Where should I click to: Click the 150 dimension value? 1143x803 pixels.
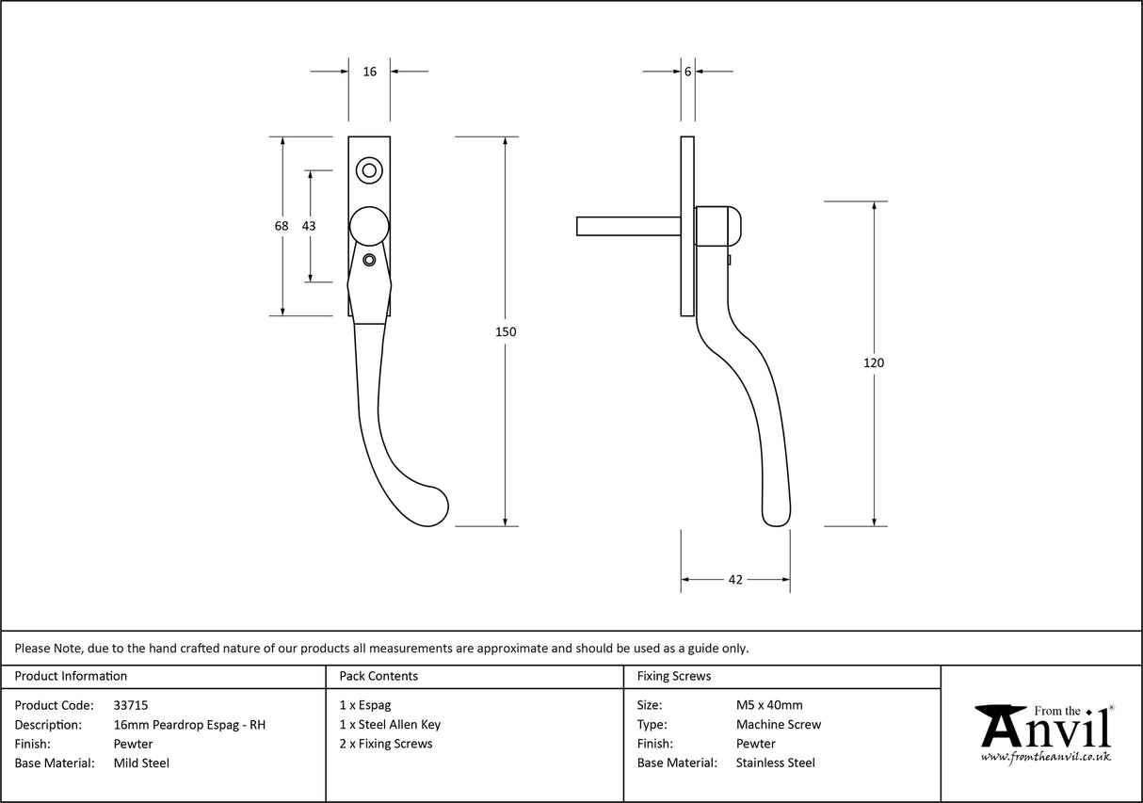click(507, 331)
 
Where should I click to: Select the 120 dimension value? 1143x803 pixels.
click(874, 362)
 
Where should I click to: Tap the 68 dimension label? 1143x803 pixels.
click(282, 226)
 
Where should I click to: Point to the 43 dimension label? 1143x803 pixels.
click(309, 226)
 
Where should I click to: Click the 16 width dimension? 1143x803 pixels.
click(369, 72)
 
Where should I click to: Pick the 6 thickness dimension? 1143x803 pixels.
click(687, 72)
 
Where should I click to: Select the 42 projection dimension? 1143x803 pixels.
click(735, 580)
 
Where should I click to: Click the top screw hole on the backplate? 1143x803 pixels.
click(369, 170)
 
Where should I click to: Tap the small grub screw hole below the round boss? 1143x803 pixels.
click(369, 259)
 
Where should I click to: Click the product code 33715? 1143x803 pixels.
click(130, 705)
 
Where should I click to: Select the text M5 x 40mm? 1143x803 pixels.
click(769, 705)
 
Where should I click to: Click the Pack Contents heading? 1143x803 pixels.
click(378, 676)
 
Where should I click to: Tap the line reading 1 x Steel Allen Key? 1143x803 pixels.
click(390, 725)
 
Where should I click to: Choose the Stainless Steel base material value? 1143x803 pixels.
click(776, 763)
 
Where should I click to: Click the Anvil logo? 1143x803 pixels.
click(1044, 731)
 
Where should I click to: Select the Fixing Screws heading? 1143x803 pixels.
click(674, 676)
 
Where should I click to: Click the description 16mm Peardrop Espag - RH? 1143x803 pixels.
click(189, 725)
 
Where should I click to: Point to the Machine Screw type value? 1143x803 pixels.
click(779, 725)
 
